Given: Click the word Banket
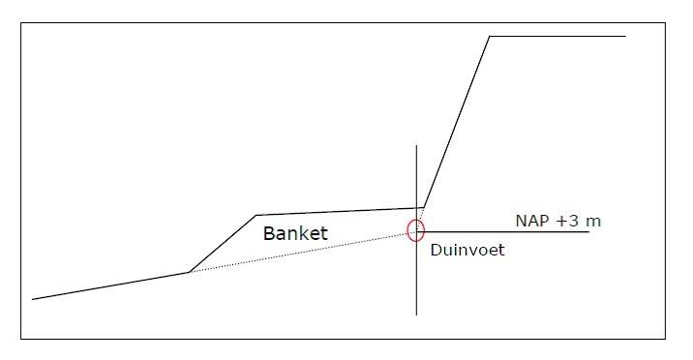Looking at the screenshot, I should click(x=296, y=233).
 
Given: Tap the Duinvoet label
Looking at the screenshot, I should click(x=467, y=250).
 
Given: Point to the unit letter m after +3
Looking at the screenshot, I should click(x=593, y=222).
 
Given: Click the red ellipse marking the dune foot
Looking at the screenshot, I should click(x=416, y=230).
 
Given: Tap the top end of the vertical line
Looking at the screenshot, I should click(x=416, y=146).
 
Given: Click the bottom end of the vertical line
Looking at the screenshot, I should click(x=416, y=315).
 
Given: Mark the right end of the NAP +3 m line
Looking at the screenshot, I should click(x=588, y=232).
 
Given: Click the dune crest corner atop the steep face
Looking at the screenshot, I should click(x=490, y=37).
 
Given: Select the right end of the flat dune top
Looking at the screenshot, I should click(x=625, y=37).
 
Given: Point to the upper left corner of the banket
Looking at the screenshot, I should click(x=256, y=215).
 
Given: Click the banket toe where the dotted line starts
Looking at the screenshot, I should click(x=189, y=272).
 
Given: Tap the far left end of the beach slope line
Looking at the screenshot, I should click(x=33, y=299).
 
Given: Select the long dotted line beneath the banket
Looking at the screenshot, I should click(x=300, y=253).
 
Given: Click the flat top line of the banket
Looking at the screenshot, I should click(x=339, y=211).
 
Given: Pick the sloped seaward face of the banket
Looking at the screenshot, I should click(x=223, y=243).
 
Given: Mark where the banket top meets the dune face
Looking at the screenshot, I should click(x=423, y=207).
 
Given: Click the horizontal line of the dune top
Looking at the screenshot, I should click(x=557, y=37).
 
